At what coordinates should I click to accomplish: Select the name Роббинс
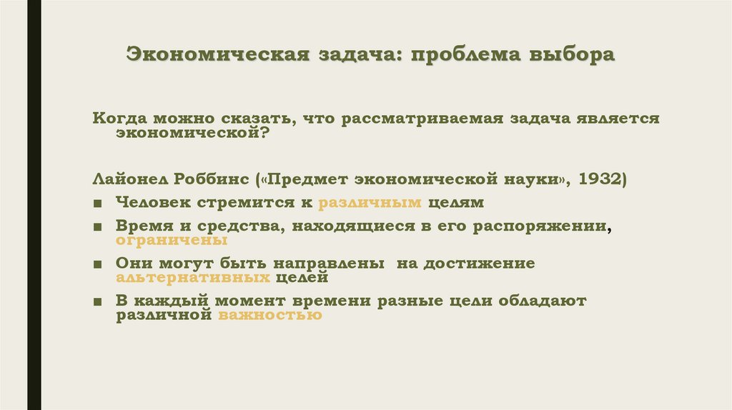[214, 178]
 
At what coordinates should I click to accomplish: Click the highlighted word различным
[370, 202]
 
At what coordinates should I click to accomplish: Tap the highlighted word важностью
[269, 314]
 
